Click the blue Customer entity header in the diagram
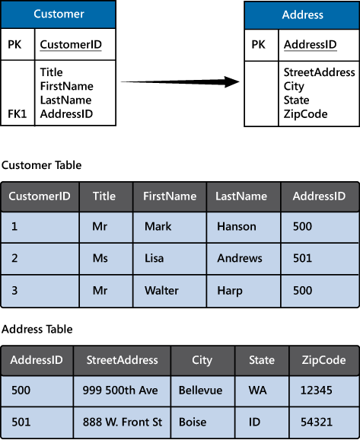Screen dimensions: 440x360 pyautogui.click(x=59, y=14)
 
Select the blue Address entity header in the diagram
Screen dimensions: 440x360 pyautogui.click(x=301, y=14)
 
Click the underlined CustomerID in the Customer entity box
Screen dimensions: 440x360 pyautogui.click(x=71, y=45)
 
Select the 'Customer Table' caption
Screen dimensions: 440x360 pyautogui.click(x=41, y=164)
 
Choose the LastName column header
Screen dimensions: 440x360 pyautogui.click(x=241, y=196)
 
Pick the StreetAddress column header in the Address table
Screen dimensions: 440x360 pyautogui.click(x=122, y=360)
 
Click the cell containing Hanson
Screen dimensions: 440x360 pyautogui.click(x=237, y=227)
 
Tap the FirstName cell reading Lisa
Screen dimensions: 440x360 pyautogui.click(x=154, y=258)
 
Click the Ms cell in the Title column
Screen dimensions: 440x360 pyautogui.click(x=101, y=258)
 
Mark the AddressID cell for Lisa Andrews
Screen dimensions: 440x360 pyautogui.click(x=302, y=258)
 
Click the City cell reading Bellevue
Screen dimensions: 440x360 pyautogui.click(x=200, y=391)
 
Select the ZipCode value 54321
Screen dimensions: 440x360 pyautogui.click(x=318, y=422)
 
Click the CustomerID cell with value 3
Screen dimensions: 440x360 pyautogui.click(x=14, y=291)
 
